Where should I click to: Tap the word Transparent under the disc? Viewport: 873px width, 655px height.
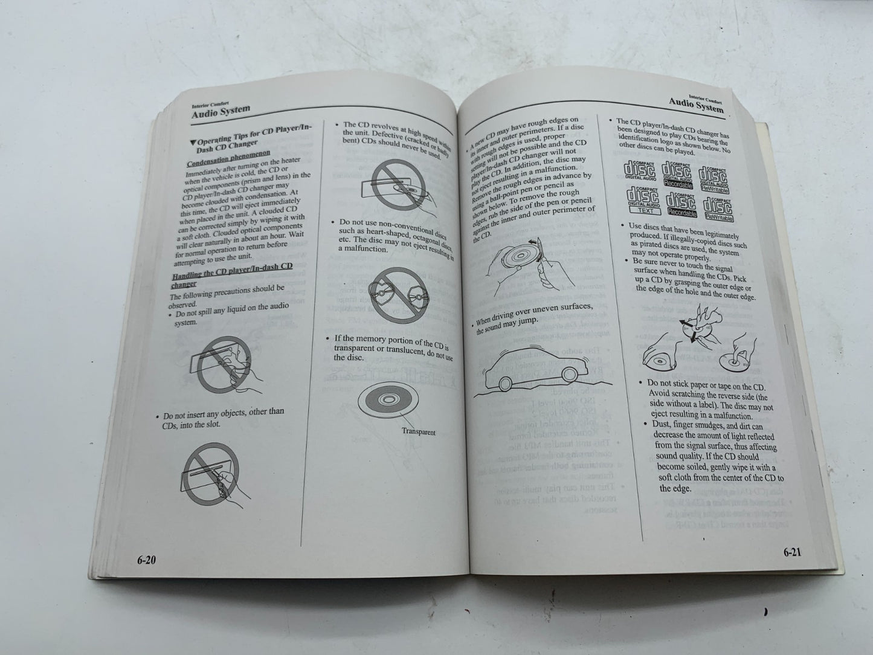click(418, 431)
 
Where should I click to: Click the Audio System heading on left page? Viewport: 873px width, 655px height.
click(221, 111)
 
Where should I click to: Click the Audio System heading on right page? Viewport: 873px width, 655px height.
click(697, 107)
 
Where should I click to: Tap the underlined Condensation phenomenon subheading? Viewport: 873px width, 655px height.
click(228, 158)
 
